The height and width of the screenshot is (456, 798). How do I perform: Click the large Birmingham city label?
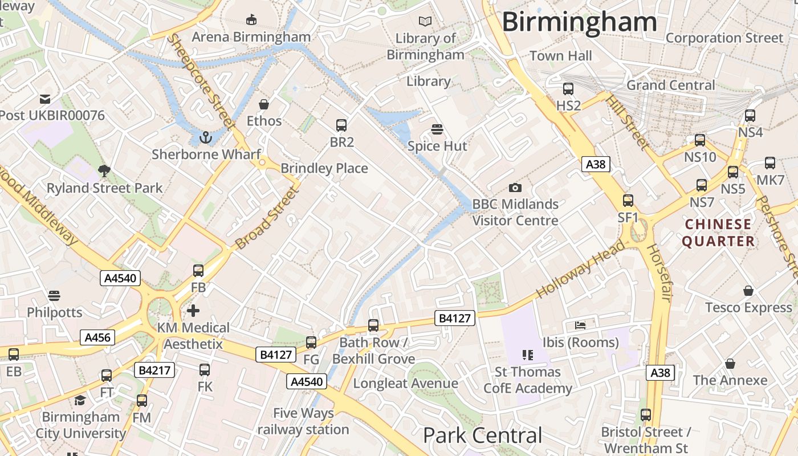coord(579,22)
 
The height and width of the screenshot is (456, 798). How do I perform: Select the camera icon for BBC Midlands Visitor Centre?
coord(515,188)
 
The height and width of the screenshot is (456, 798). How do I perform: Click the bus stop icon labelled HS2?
coord(568,89)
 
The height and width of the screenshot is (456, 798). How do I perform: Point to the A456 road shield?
coord(97,337)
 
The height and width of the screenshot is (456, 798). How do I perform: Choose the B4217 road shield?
coord(154,370)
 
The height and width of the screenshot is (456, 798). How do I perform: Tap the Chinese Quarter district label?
coord(718,233)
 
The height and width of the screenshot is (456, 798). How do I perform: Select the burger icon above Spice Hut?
coord(437,129)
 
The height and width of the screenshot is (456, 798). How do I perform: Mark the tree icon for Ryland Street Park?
coord(104,170)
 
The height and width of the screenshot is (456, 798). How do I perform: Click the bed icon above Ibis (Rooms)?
coord(580,325)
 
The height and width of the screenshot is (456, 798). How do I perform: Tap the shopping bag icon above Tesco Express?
coord(748,291)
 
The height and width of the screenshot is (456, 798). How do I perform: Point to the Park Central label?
coord(482,435)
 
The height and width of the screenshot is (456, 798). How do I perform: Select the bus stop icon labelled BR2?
coord(341,125)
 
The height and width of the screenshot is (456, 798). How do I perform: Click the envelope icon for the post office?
coord(45,99)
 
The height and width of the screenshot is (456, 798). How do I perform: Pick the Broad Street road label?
coord(267,218)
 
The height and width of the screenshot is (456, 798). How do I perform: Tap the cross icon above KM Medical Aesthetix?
coord(193,311)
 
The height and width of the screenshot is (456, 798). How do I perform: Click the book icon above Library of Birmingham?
coord(425,22)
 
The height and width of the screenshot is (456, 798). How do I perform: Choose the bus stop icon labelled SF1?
coord(628,201)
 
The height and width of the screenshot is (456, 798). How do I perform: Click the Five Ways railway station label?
coord(303,421)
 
